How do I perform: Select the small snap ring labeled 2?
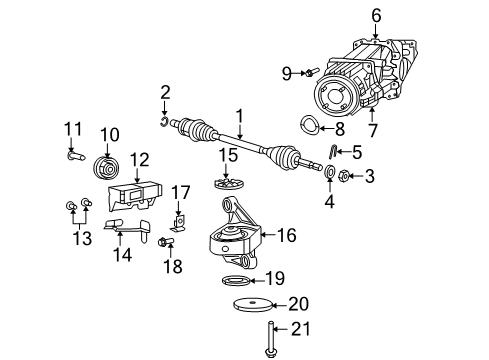coord(163,122)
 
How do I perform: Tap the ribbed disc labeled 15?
coord(230,185)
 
